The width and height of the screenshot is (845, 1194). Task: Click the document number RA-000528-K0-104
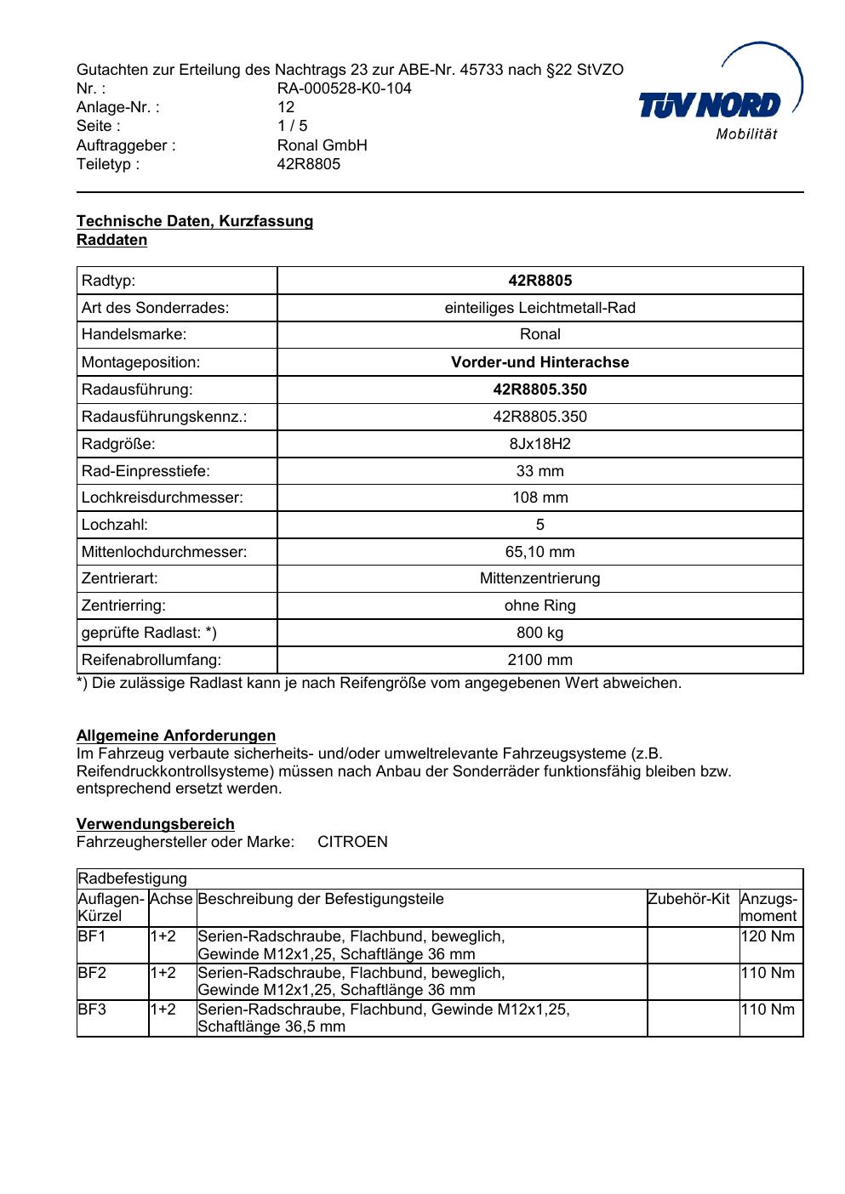pyautogui.click(x=344, y=88)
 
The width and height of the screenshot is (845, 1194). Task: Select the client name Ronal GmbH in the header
pyautogui.click(x=322, y=145)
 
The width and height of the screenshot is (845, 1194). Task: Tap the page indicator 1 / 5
pyautogui.click(x=292, y=126)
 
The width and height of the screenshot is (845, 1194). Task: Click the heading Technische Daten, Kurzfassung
pyautogui.click(x=195, y=221)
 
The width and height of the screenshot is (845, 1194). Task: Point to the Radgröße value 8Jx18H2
pyautogui.click(x=540, y=444)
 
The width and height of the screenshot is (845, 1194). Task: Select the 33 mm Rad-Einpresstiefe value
pyautogui.click(x=540, y=471)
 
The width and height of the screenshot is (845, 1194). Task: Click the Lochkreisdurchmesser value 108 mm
pyautogui.click(x=540, y=497)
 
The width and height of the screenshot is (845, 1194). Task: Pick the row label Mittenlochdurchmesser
pyautogui.click(x=164, y=552)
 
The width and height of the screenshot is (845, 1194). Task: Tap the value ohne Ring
pyautogui.click(x=540, y=606)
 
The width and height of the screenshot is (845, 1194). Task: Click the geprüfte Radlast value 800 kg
pyautogui.click(x=540, y=633)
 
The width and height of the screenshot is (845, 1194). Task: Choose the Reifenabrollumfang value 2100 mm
pyautogui.click(x=540, y=660)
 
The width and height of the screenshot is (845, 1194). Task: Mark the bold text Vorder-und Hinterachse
pyautogui.click(x=540, y=362)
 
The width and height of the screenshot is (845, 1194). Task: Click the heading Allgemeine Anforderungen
pyautogui.click(x=176, y=736)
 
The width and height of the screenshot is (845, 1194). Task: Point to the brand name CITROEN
pyautogui.click(x=352, y=842)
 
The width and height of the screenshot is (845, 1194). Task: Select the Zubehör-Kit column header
pyautogui.click(x=688, y=899)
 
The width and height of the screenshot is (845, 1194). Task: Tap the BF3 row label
pyautogui.click(x=92, y=1009)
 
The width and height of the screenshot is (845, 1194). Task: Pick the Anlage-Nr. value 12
pyautogui.click(x=286, y=107)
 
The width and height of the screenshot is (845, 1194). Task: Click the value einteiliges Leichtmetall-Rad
pyautogui.click(x=540, y=308)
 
